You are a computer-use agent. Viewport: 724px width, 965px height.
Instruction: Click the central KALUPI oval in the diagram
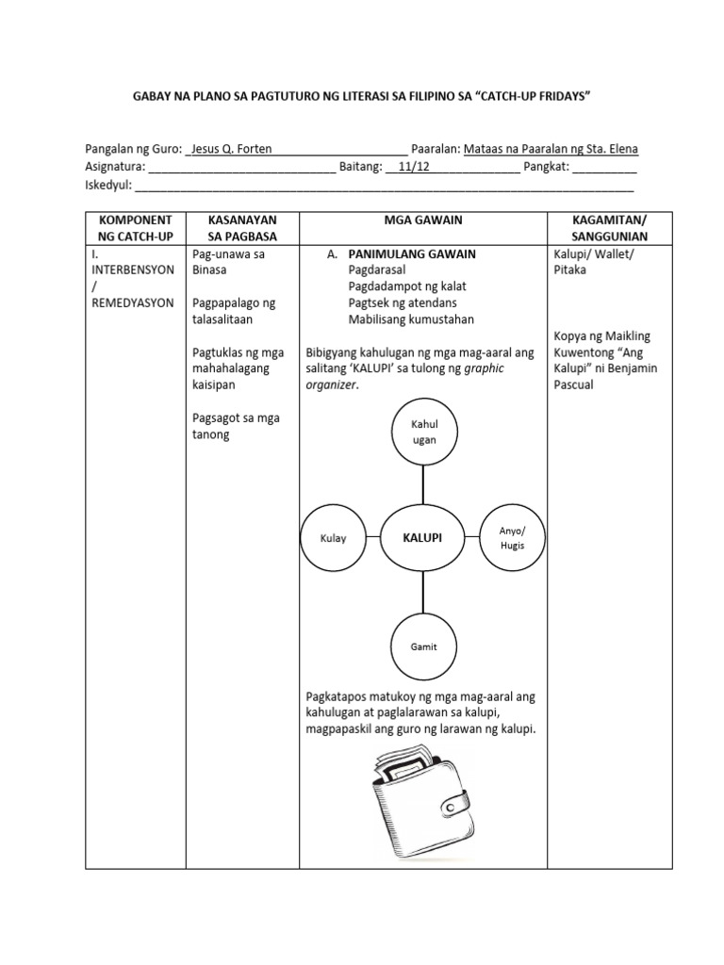[423, 537]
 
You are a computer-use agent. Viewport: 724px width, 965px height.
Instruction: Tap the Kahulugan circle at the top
[424, 432]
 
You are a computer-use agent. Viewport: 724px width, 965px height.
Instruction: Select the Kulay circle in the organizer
[334, 538]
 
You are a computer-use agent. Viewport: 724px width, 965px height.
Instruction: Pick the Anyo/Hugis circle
[512, 538]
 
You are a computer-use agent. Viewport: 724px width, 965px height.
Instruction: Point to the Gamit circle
[424, 646]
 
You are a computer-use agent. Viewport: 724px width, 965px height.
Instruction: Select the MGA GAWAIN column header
[422, 220]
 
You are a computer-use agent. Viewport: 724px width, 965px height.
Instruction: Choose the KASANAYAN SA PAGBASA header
[242, 227]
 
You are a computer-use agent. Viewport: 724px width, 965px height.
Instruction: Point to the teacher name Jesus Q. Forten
[230, 149]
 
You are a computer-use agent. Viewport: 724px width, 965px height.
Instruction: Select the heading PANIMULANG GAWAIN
[412, 254]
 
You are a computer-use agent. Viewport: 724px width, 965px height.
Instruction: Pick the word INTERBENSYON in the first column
[133, 270]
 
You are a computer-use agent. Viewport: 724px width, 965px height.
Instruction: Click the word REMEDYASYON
[133, 303]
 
